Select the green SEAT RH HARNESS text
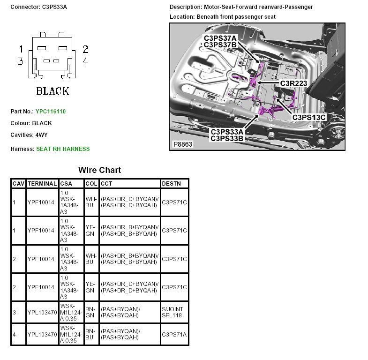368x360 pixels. point(63,149)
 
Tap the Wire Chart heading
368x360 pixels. point(99,170)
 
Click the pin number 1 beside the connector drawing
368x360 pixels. point(21,49)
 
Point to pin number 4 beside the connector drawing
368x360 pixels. point(85,61)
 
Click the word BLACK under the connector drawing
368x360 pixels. point(53,91)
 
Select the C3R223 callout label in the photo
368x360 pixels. point(293,83)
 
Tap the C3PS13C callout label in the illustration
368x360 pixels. point(308,117)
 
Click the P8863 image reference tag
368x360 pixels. point(182,145)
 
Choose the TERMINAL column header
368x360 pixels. point(42,184)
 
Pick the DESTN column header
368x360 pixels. point(172,184)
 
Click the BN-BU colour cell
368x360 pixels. point(90,334)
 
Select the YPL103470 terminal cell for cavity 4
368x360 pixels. point(42,334)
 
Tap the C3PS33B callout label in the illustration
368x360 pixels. point(226,138)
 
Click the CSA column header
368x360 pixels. point(66,184)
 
